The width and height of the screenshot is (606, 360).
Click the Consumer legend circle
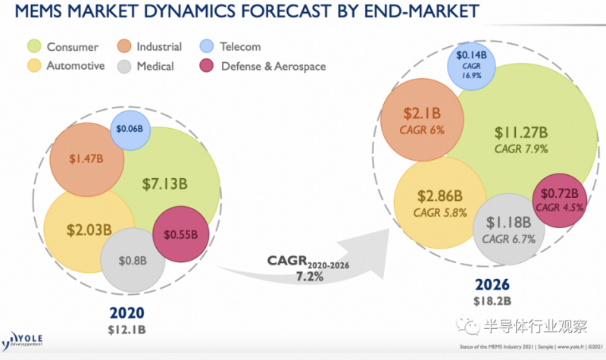click(35, 47)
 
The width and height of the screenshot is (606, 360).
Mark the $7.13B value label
click(167, 183)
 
